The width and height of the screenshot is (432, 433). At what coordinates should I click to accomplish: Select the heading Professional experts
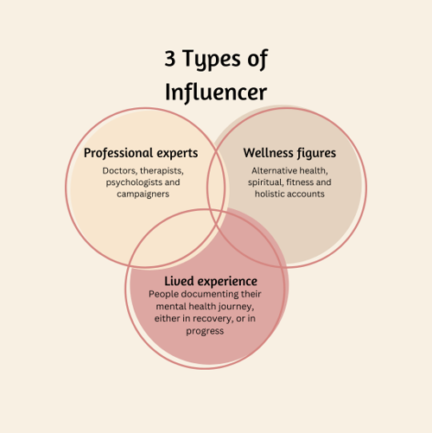tap(141, 153)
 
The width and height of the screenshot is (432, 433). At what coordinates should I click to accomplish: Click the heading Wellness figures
tap(288, 153)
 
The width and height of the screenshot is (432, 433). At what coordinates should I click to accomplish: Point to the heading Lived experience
tap(211, 281)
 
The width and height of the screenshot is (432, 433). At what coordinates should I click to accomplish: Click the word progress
tap(210, 329)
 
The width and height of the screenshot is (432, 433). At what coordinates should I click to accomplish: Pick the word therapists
tap(162, 170)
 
